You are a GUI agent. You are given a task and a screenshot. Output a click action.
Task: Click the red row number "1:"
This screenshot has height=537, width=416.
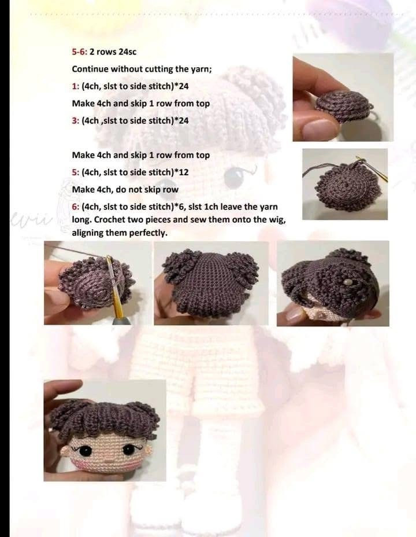(75, 86)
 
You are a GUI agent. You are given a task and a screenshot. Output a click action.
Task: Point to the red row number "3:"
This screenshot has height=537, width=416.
(75, 120)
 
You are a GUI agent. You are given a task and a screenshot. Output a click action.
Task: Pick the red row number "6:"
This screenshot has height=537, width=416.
(75, 207)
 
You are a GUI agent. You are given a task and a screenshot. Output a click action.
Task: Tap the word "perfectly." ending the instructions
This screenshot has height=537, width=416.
(147, 233)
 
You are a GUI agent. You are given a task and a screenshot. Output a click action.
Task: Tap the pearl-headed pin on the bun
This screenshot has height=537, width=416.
(346, 280)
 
